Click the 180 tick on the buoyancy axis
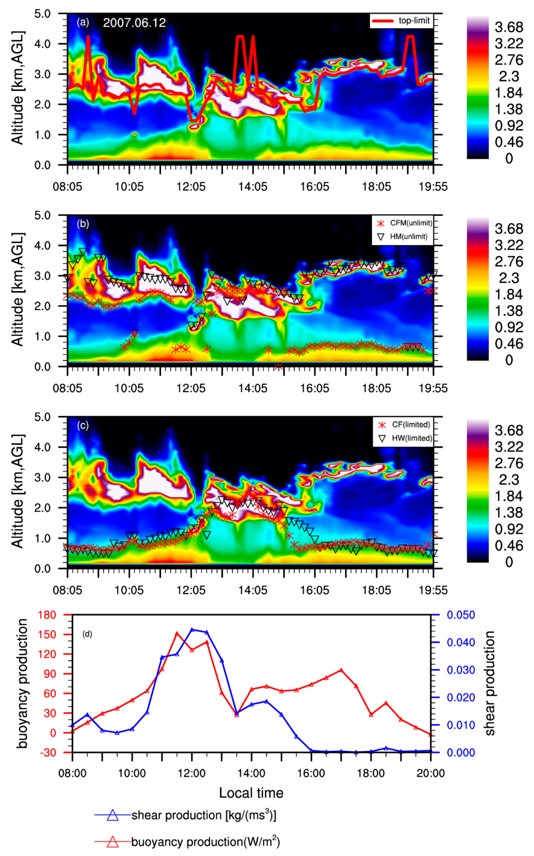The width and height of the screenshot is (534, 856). click(47, 615)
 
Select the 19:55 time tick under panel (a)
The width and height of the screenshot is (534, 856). click(433, 187)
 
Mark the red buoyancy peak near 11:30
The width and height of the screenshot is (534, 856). click(177, 633)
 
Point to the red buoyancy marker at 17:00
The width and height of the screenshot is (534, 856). click(341, 670)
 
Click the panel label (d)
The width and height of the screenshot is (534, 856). click(87, 634)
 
